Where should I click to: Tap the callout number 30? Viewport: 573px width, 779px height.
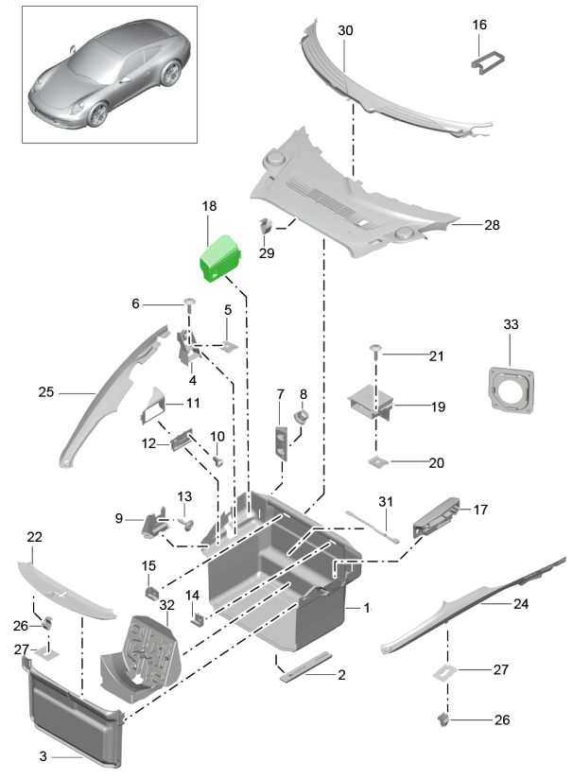pos(345,31)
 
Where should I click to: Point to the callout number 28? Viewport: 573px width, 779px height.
pos(492,225)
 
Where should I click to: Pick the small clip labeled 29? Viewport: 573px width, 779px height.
pos(266,227)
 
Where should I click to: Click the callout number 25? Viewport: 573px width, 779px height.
pos(46,391)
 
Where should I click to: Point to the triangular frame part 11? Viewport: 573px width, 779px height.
pos(155,407)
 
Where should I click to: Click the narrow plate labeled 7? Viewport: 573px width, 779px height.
pos(282,441)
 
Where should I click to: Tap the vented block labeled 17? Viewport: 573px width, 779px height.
pos(437,512)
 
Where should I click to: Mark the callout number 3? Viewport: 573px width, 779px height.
pos(43,756)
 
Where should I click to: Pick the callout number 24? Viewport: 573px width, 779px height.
pos(521,603)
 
